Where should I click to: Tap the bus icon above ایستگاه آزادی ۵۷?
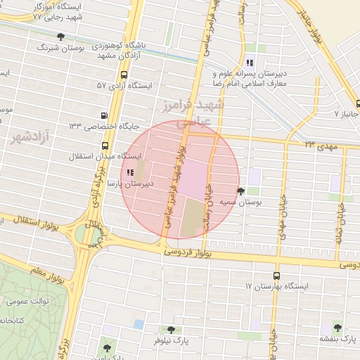[124, 75]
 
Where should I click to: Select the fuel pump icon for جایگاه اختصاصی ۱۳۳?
[105, 115]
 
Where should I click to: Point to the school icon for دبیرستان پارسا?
[129, 173]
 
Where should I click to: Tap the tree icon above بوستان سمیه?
[241, 191]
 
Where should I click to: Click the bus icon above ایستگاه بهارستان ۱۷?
[276, 276]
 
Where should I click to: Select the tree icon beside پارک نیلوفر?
[171, 329]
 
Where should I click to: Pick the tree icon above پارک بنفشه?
[337, 327]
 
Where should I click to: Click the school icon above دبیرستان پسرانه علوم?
[250, 62]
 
